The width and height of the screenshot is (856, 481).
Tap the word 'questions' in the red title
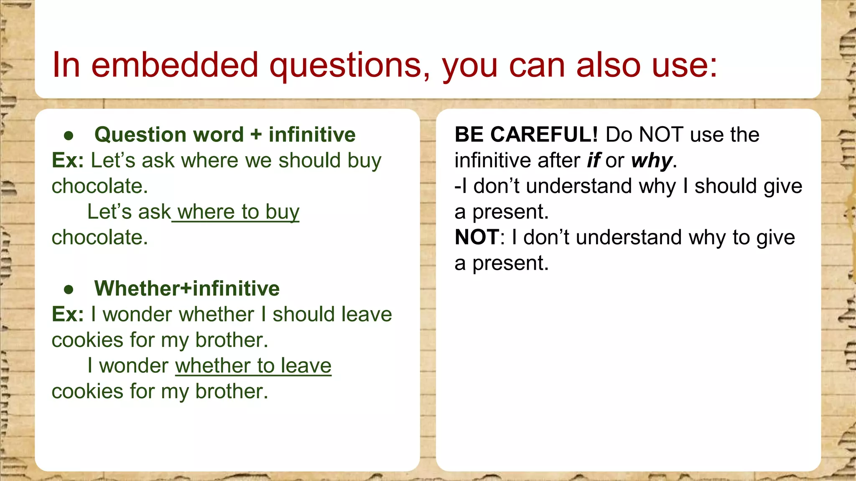click(x=349, y=66)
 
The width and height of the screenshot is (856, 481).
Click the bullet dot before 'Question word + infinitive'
click(x=69, y=136)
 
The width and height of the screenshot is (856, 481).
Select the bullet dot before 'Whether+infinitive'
click(x=69, y=289)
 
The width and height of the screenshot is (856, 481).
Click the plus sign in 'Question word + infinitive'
click(x=256, y=135)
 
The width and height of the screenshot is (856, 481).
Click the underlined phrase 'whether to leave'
click(x=253, y=366)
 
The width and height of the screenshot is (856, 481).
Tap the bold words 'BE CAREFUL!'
click(x=526, y=134)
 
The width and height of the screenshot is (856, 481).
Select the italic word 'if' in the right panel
click(x=594, y=160)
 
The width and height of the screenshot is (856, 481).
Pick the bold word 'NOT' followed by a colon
click(x=476, y=237)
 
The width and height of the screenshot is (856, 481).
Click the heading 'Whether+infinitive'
click(x=187, y=289)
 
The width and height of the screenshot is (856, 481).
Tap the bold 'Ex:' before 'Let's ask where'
click(x=68, y=160)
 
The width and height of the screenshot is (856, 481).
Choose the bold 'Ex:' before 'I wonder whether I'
click(x=68, y=314)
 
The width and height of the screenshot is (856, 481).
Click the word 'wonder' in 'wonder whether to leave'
click(x=134, y=366)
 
